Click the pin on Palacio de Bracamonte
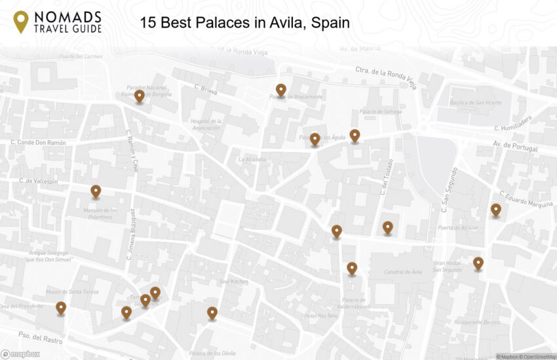click(280, 90)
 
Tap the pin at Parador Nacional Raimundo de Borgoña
click(140, 96)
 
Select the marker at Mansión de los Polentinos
click(96, 191)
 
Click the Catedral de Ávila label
click(402, 271)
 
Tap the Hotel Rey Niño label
click(321, 316)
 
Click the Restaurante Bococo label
click(477, 322)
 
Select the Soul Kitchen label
click(233, 281)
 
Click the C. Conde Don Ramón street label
click(39, 142)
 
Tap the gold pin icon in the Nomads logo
click(21, 21)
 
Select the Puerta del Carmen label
click(81, 56)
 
